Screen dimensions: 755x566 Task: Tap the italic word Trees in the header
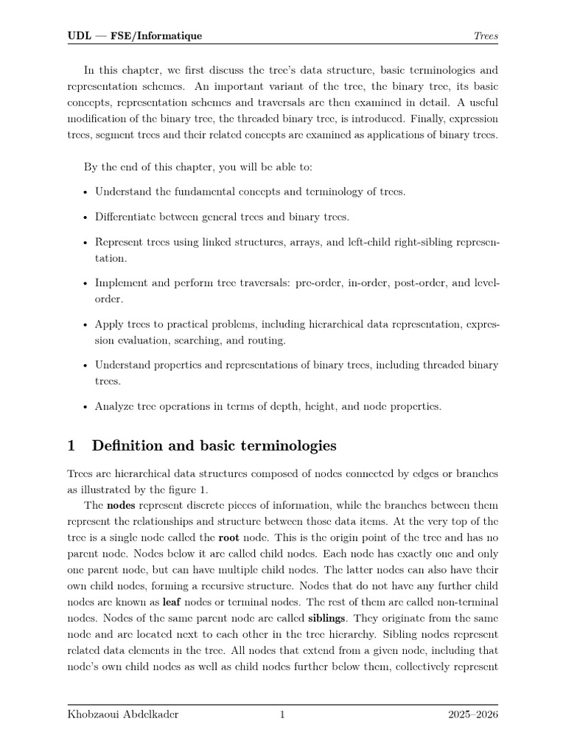(486, 35)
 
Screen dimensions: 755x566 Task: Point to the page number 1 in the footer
(282, 714)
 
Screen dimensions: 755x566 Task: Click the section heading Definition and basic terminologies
(214, 445)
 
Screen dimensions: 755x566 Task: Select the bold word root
(229, 538)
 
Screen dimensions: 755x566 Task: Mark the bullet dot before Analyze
(86, 406)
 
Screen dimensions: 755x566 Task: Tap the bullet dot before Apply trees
(86, 324)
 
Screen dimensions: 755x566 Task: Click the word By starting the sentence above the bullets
(90, 167)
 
